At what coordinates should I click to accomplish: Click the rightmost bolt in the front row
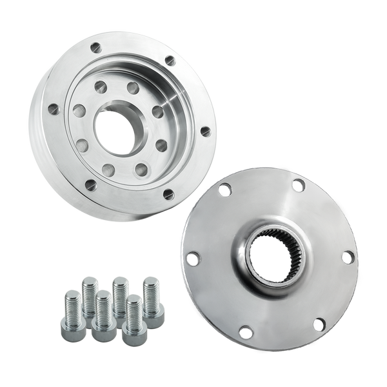point(134,321)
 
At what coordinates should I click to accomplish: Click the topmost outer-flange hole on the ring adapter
point(96,47)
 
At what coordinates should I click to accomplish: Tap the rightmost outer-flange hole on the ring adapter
point(205,132)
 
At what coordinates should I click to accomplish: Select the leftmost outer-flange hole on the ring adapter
point(54,110)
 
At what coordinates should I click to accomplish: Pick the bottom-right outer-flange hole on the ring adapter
point(168,193)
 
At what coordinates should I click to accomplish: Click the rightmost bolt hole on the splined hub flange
point(348,257)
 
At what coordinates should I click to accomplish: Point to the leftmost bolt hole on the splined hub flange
point(192,259)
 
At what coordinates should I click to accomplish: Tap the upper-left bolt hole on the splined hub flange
point(224,190)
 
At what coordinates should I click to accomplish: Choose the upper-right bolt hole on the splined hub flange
point(297,185)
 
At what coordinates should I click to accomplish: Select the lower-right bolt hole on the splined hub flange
point(319,324)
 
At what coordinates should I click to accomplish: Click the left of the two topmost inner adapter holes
point(101,86)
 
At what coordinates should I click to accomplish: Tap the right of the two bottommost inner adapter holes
point(141,170)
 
